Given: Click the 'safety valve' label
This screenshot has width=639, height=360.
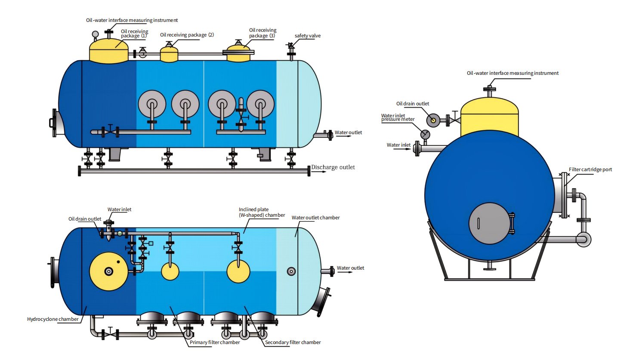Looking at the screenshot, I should [307, 36].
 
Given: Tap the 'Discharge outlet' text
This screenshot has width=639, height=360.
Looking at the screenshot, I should [333, 167].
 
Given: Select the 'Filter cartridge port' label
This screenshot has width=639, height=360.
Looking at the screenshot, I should [590, 169].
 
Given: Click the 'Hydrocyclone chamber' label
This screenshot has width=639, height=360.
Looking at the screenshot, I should [53, 319].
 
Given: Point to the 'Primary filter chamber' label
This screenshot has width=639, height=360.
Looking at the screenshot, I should [215, 342].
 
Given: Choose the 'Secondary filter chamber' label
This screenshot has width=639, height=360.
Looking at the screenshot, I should [293, 342].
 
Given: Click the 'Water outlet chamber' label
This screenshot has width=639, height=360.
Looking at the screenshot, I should [315, 218].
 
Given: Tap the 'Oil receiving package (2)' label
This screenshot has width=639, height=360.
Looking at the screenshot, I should [187, 35].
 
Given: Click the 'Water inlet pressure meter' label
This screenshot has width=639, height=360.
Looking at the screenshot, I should [398, 117].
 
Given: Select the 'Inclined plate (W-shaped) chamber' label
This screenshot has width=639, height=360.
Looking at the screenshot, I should [262, 212].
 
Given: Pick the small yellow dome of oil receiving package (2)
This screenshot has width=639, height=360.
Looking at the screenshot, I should [169, 54].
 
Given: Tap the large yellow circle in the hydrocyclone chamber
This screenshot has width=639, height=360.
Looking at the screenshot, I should [108, 271].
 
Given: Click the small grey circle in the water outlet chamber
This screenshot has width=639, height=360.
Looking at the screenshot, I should [291, 271].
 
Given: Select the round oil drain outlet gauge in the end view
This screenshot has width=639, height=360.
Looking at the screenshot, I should [433, 120].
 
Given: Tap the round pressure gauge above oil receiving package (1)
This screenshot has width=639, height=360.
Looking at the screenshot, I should [95, 34].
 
